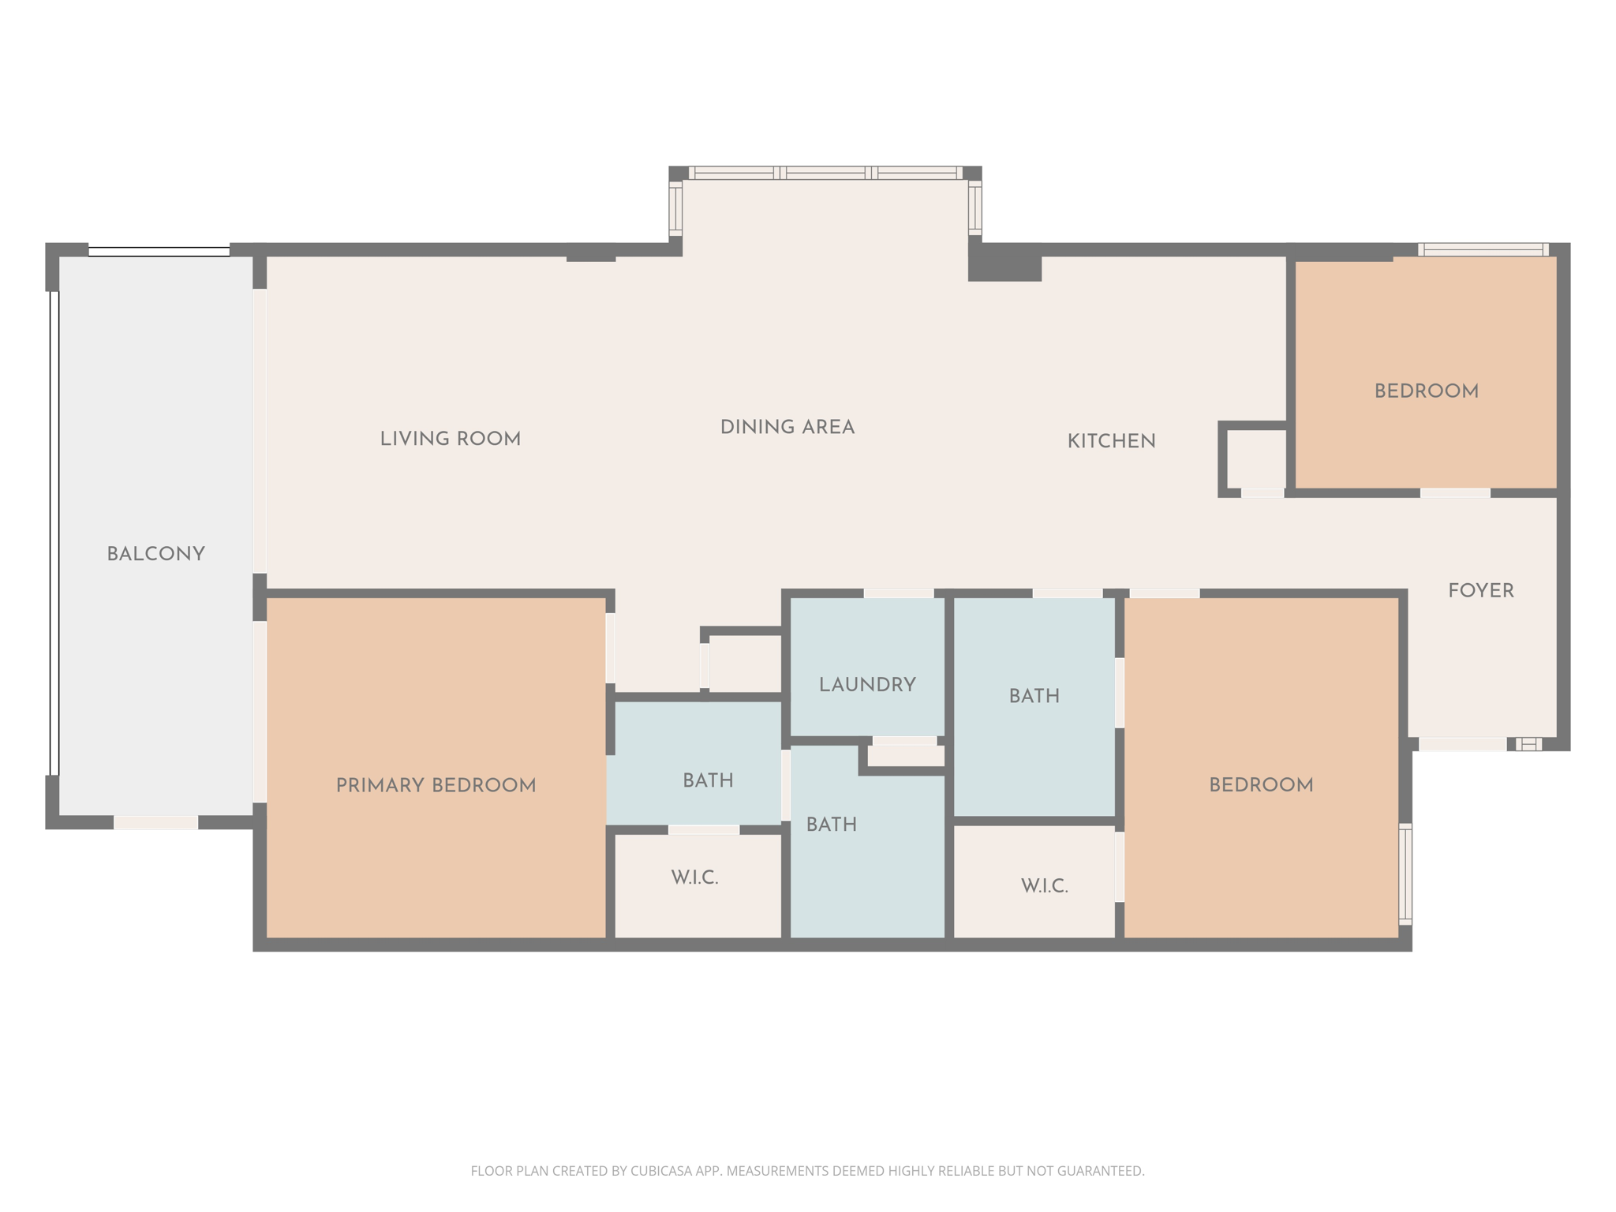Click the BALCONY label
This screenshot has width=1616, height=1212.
click(155, 555)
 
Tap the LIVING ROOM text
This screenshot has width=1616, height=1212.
click(450, 440)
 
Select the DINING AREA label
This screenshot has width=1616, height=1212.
click(787, 428)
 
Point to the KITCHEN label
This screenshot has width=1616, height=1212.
click(1111, 442)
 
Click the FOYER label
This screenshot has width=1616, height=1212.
click(1480, 591)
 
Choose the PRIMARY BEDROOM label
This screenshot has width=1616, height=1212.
click(436, 786)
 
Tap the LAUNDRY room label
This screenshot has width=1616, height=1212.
click(867, 685)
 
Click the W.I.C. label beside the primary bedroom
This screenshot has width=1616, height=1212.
click(694, 878)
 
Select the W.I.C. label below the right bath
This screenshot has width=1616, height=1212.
click(1044, 886)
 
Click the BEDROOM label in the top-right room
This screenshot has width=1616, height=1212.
click(1426, 391)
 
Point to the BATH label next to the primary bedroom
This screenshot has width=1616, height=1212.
click(708, 781)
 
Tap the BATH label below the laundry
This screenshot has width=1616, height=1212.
click(831, 825)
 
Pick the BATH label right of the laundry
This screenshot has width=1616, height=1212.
click(1034, 696)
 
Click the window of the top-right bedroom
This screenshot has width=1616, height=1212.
click(1483, 250)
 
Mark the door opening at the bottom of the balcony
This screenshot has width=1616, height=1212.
click(155, 823)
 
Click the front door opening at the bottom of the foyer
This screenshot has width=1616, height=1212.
click(1462, 744)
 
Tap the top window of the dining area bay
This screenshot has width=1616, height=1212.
click(825, 173)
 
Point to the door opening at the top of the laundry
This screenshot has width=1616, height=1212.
click(898, 593)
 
